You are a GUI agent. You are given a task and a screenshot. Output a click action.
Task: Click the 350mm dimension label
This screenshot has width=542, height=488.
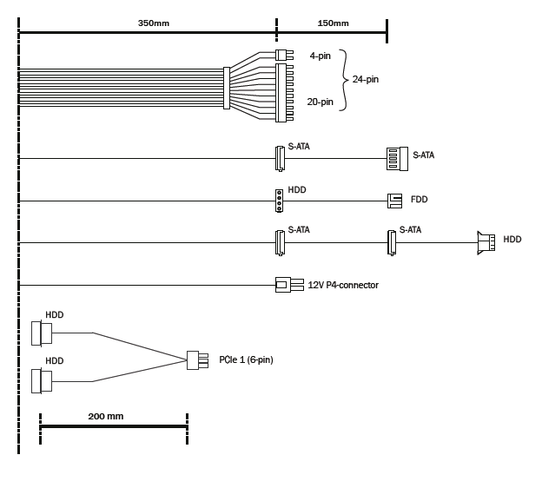[153, 23]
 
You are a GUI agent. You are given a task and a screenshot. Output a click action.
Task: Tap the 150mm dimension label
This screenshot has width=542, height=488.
[334, 23]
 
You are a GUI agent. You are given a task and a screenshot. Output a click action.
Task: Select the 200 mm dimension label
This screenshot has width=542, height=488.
[106, 416]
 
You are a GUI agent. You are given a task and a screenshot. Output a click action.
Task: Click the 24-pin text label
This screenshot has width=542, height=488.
[365, 80]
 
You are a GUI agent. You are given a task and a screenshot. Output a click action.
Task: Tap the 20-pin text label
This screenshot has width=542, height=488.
[320, 102]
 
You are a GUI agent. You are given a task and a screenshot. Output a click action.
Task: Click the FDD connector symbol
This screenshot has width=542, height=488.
[394, 201]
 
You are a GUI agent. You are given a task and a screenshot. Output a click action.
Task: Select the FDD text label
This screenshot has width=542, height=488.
[419, 200]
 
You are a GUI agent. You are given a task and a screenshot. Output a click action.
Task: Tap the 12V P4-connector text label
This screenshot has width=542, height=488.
[343, 285]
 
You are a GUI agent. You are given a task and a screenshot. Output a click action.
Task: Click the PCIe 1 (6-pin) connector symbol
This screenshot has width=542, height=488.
[198, 359]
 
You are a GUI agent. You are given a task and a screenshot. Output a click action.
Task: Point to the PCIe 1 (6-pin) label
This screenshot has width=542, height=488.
[246, 359]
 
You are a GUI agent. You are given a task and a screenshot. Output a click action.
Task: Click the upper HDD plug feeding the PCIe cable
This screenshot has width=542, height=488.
[40, 334]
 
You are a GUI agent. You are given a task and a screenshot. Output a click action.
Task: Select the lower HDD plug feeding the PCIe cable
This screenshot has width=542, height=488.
[40, 381]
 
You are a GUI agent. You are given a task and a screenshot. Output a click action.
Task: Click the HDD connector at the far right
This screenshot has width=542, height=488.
[485, 242]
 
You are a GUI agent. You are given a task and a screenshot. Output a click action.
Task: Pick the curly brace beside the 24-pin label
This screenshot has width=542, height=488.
[342, 80]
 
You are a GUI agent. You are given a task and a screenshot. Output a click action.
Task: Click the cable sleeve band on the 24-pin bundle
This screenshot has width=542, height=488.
[227, 87]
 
